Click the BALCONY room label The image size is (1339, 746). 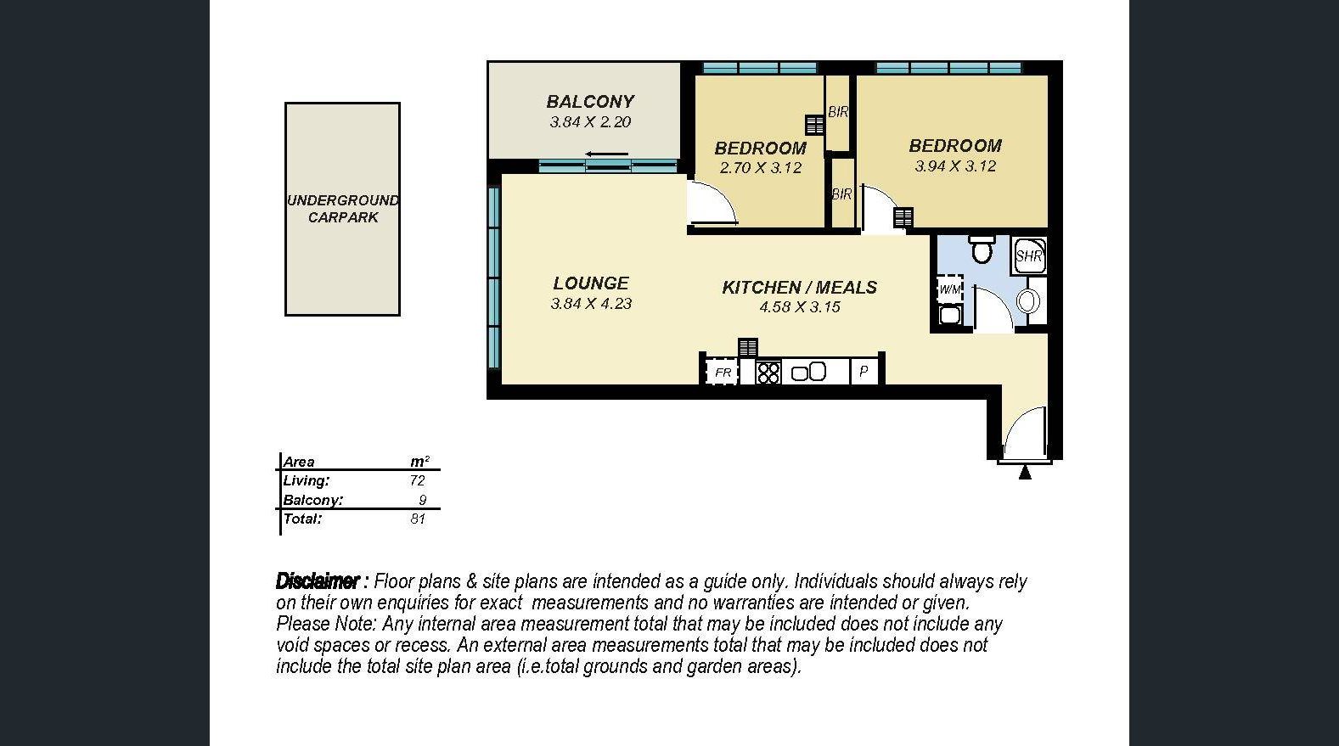[x=590, y=102]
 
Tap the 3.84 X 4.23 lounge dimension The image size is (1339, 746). [x=591, y=304]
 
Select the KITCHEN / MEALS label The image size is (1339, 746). [x=799, y=288]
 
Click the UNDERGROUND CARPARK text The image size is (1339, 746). [x=343, y=209]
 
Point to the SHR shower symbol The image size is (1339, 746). [x=1028, y=256]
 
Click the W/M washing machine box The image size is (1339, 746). [x=950, y=289]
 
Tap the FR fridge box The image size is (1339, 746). [x=722, y=372]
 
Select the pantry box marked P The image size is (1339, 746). [x=864, y=372]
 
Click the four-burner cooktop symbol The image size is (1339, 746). [x=768, y=373]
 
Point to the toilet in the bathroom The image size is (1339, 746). [x=982, y=249]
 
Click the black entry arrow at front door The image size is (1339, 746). [x=1025, y=473]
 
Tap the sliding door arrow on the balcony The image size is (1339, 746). [x=606, y=154]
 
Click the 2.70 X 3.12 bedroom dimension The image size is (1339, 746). [x=761, y=168]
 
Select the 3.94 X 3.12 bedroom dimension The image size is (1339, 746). [x=955, y=166]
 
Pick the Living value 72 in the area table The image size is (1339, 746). [x=417, y=481]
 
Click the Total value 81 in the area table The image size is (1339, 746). [x=417, y=519]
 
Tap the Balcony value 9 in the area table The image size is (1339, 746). [x=422, y=500]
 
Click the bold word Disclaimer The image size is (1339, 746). [x=318, y=581]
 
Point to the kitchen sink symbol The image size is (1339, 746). [x=808, y=372]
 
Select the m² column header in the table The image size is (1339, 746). [x=419, y=461]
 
